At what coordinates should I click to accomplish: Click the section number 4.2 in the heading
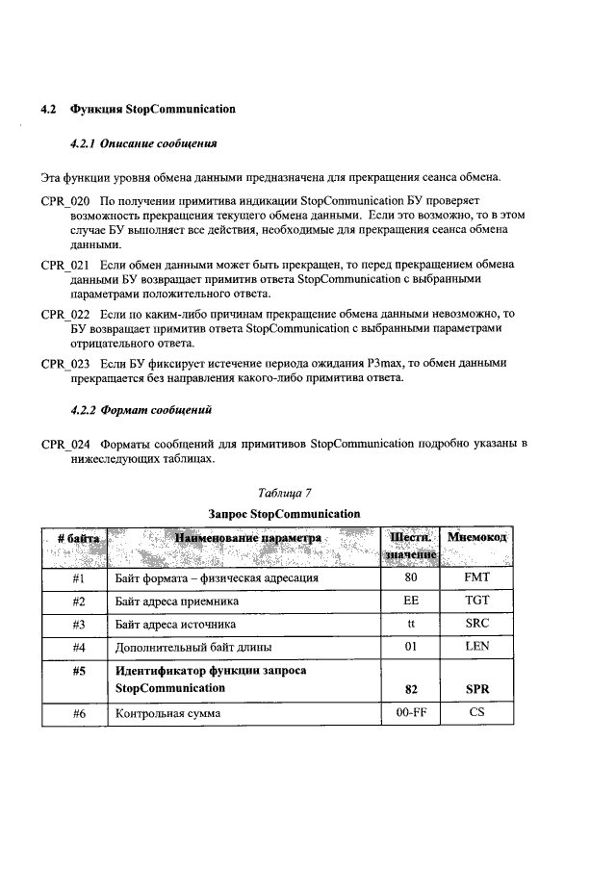[49, 109]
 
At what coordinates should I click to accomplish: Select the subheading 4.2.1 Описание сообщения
[143, 143]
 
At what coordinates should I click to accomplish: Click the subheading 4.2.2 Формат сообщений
[141, 409]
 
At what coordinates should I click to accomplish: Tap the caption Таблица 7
[285, 493]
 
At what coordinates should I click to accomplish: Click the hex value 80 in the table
[411, 579]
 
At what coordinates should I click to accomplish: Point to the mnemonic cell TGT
[477, 602]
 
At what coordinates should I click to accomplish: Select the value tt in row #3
[411, 624]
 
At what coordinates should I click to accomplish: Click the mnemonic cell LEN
[477, 646]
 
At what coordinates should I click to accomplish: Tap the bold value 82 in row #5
[411, 690]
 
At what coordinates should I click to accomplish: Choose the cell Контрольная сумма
[167, 713]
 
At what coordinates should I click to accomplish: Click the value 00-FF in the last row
[411, 713]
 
